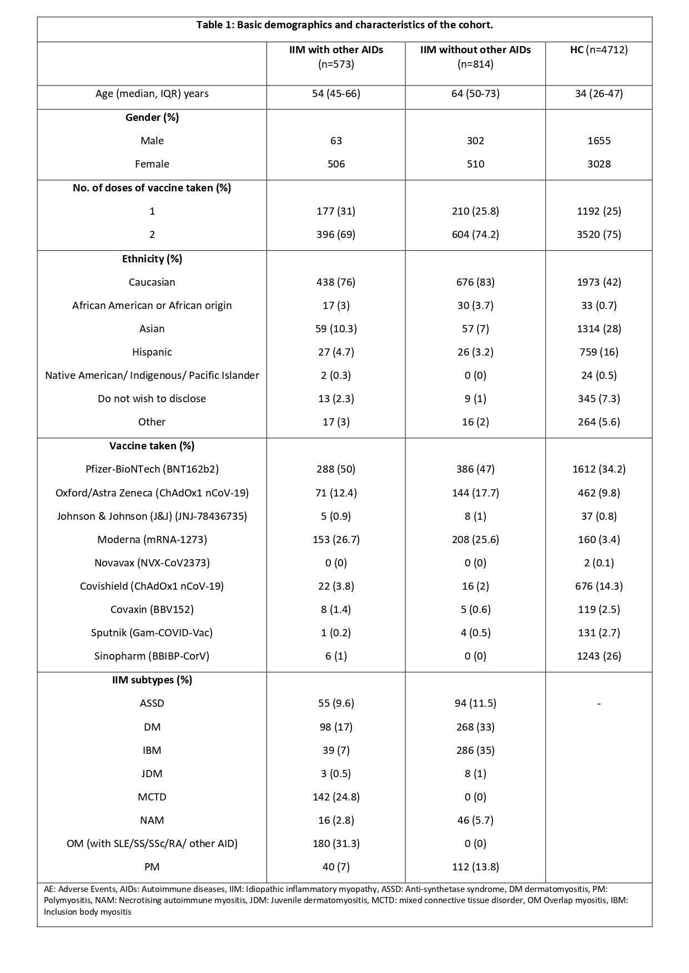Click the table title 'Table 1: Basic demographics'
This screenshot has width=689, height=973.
click(x=344, y=25)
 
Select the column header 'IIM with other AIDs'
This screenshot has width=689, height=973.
click(x=336, y=50)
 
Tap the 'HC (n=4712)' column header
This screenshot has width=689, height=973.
click(x=599, y=50)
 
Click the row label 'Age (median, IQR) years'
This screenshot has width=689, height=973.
click(x=152, y=93)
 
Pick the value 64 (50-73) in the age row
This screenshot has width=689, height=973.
click(x=475, y=93)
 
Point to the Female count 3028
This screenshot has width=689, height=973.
click(x=599, y=164)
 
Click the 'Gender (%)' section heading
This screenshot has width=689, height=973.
click(x=152, y=117)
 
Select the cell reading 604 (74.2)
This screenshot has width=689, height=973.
click(x=475, y=234)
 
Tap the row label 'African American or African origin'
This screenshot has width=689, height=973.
click(x=152, y=305)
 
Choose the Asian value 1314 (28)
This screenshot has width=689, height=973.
click(x=599, y=328)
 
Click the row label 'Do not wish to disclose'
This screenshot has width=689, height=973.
click(x=152, y=398)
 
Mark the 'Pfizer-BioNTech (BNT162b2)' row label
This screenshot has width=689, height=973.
click(x=152, y=469)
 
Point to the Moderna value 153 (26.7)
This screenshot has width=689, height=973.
click(x=336, y=539)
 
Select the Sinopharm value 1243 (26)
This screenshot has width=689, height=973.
click(x=599, y=656)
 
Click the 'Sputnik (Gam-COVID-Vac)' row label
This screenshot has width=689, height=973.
click(x=152, y=632)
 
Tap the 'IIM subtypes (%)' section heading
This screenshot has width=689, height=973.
click(x=152, y=680)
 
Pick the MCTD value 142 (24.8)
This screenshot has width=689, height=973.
click(x=336, y=797)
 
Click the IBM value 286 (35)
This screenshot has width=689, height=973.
click(x=475, y=750)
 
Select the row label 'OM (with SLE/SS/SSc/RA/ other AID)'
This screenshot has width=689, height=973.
click(x=152, y=843)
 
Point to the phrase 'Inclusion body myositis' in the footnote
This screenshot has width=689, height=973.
click(x=88, y=911)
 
